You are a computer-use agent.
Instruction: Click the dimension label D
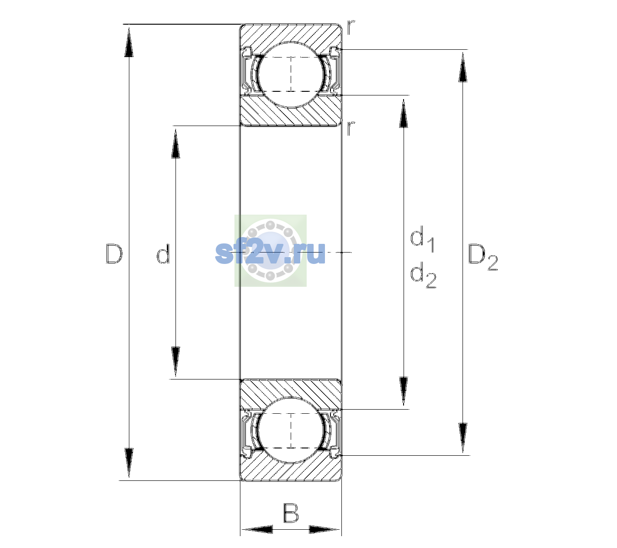[x=114, y=253]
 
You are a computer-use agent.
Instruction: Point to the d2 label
[x=423, y=275]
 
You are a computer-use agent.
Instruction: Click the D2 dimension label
[x=483, y=257]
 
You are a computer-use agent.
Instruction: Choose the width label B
[x=291, y=513]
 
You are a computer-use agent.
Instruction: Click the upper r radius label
[x=351, y=27]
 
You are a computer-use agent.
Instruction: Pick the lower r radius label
[x=351, y=127]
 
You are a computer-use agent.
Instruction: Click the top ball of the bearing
[x=291, y=74]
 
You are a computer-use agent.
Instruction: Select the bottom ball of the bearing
[x=291, y=431]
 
